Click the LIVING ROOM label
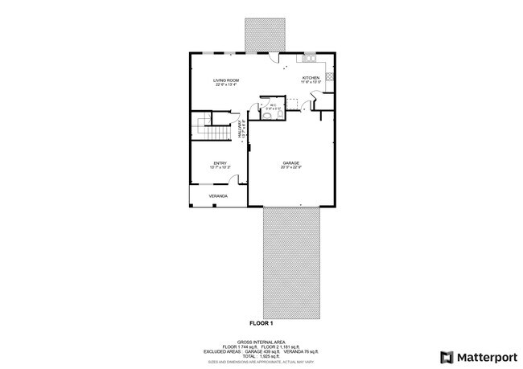tap(226, 80)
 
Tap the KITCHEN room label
tap(311, 77)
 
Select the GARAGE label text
tap(290, 163)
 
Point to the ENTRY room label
tap(220, 163)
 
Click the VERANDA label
tap(217, 196)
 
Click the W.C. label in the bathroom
tap(273, 104)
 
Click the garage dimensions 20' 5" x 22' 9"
tap(290, 168)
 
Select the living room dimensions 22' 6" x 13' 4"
tap(226, 84)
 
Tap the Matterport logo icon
tap(445, 356)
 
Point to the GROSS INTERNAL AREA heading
tap(261, 340)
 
